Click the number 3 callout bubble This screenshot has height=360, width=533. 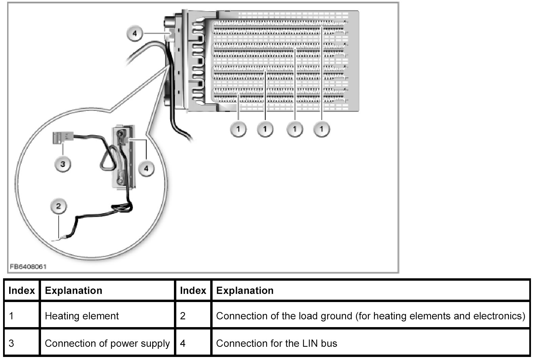(63, 164)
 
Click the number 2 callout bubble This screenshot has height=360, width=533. (59, 206)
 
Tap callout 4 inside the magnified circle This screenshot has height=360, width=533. (146, 168)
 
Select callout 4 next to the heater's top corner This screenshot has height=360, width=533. (135, 34)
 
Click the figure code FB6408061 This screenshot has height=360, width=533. (28, 266)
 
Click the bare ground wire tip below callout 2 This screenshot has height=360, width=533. (56, 240)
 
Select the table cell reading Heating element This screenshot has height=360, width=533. (82, 316)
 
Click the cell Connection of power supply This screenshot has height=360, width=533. (107, 343)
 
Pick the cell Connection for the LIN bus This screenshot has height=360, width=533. (276, 343)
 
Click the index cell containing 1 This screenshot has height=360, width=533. (12, 316)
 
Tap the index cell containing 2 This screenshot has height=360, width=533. (183, 316)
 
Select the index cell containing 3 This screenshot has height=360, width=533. (12, 343)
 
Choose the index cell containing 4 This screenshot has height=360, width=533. (183, 343)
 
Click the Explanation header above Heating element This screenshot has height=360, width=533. (74, 291)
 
